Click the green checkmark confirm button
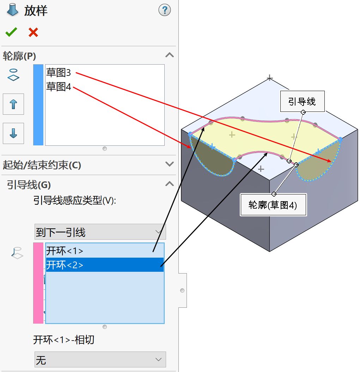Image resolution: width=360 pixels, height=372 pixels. click(11, 32)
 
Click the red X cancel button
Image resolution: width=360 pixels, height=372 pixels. click(33, 32)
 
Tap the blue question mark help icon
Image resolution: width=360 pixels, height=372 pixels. click(164, 10)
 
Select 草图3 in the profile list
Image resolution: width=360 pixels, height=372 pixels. click(59, 73)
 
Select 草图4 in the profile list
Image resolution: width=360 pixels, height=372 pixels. click(59, 86)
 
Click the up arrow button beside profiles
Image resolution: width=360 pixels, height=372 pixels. click(13, 104)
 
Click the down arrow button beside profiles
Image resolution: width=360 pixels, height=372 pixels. click(13, 133)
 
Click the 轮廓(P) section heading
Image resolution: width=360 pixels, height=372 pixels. click(19, 55)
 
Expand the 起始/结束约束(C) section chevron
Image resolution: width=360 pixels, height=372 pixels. click(170, 164)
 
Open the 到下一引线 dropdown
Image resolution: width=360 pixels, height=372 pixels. click(100, 232)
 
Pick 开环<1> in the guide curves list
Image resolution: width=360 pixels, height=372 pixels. click(65, 251)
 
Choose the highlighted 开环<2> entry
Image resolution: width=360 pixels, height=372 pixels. click(65, 265)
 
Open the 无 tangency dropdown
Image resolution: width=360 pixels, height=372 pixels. click(100, 360)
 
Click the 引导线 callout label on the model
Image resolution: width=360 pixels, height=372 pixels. click(302, 102)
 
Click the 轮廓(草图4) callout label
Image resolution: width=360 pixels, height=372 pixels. click(273, 205)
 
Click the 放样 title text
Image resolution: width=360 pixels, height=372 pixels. click(36, 11)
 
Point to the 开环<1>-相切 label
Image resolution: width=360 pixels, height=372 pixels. click(64, 340)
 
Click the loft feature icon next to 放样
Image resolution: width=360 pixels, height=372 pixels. click(12, 10)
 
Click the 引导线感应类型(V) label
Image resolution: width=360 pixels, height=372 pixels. click(75, 200)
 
